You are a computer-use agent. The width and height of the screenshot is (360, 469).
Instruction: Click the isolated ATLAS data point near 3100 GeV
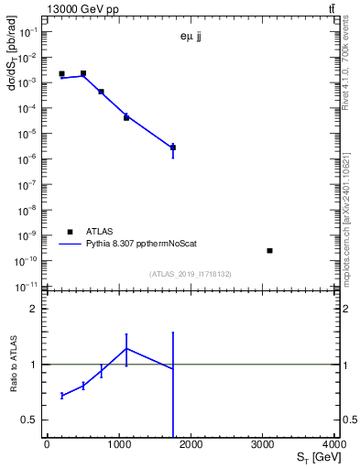pyautogui.click(x=269, y=250)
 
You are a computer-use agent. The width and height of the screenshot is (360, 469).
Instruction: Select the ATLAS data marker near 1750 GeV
pyautogui.click(x=173, y=147)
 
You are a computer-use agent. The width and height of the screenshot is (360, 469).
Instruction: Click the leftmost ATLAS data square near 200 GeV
pyautogui.click(x=61, y=74)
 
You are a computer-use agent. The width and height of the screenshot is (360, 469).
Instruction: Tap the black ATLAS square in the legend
pyautogui.click(x=69, y=233)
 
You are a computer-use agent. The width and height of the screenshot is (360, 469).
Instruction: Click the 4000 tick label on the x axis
pyautogui.click(x=333, y=444)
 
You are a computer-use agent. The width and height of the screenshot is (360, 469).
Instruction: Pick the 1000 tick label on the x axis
pyautogui.click(x=119, y=444)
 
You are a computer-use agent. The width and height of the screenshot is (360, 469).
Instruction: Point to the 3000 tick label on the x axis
pyautogui.click(x=262, y=444)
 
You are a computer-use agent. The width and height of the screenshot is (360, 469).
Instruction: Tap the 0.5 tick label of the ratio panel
pyautogui.click(x=32, y=420)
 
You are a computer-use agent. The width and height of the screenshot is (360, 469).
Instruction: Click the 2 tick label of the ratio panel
pyautogui.click(x=38, y=309)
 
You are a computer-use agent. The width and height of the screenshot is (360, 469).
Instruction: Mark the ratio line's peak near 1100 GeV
pyautogui.click(x=126, y=348)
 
